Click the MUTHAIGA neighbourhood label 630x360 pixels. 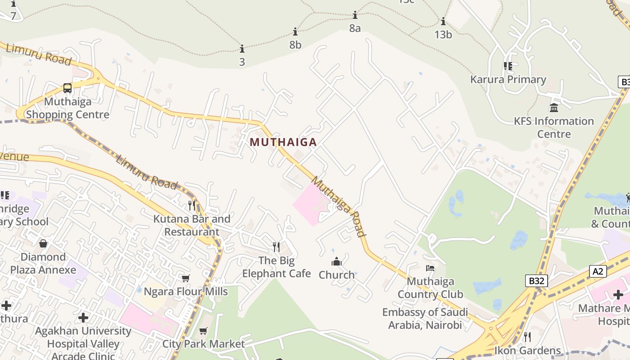pyautogui.click(x=283, y=142)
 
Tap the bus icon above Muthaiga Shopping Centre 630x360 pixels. pyautogui.click(x=67, y=88)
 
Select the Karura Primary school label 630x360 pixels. pyautogui.click(x=508, y=80)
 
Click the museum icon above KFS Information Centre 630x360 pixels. pyautogui.click(x=554, y=108)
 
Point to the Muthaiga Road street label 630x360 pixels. pyautogui.click(x=338, y=207)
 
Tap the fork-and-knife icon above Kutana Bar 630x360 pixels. pyautogui.click(x=192, y=206)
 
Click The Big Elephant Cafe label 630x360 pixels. pyautogui.click(x=276, y=267)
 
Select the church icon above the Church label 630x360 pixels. pyautogui.click(x=337, y=261)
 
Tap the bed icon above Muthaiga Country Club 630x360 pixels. pyautogui.click(x=430, y=268)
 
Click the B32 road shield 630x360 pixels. pyautogui.click(x=536, y=281)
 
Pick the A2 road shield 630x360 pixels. pyautogui.click(x=598, y=271)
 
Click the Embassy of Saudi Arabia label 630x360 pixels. pyautogui.click(x=425, y=318)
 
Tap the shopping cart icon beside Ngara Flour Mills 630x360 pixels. pyautogui.click(x=185, y=279)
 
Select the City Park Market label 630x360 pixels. pyautogui.click(x=203, y=344)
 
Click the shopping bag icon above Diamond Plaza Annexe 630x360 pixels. pyautogui.click(x=43, y=243)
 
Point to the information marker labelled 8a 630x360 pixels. pyautogui.click(x=355, y=15)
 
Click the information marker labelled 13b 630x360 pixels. pyautogui.click(x=443, y=21)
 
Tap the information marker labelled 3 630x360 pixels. pyautogui.click(x=242, y=49)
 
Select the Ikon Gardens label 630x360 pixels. pyautogui.click(x=527, y=350)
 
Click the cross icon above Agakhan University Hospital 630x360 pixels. pyautogui.click(x=83, y=318)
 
